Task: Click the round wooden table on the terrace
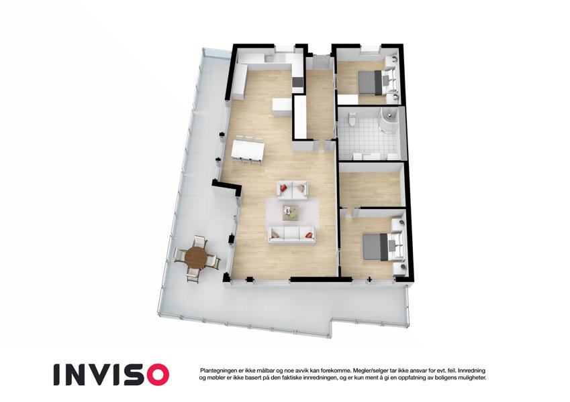click(195, 257)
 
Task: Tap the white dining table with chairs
click(248, 150)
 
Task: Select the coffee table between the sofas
click(291, 212)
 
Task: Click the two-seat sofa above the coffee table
click(293, 190)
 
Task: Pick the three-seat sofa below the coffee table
click(291, 234)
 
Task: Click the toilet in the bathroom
click(352, 119)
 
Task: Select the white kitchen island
click(282, 107)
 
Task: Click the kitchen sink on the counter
click(270, 58)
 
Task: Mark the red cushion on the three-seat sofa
click(309, 235)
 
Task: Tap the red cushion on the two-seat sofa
click(283, 188)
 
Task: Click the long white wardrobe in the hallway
click(300, 117)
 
